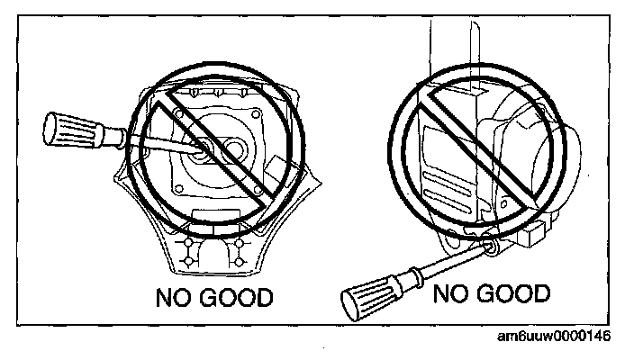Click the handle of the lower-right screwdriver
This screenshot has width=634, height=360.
pos(370,292)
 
